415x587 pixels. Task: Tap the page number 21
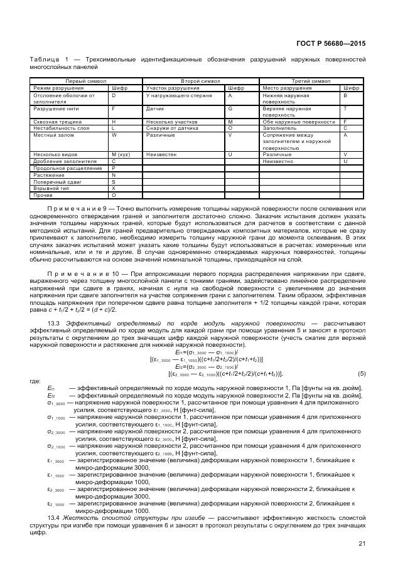(362, 543)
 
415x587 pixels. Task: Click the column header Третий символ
(311, 82)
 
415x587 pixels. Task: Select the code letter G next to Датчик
(230, 108)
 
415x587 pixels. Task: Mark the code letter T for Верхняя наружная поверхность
(345, 108)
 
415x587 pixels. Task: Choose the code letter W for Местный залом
(114, 134)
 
